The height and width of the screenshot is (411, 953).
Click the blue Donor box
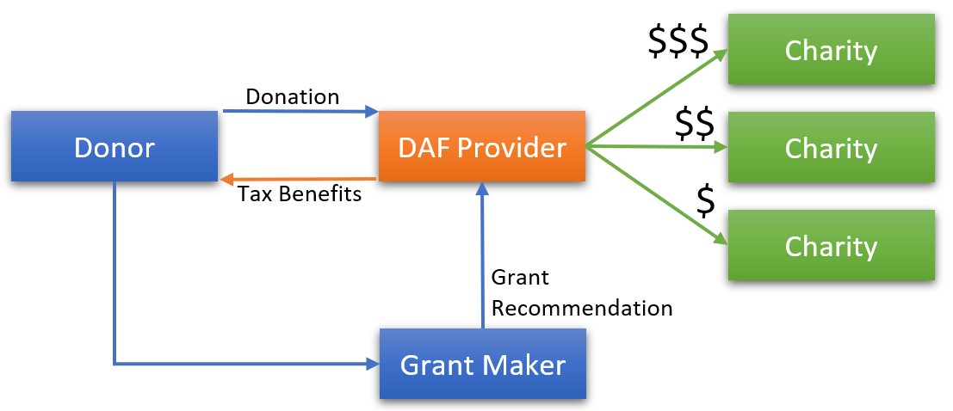coord(114,147)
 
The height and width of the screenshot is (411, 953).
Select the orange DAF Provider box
coord(481,147)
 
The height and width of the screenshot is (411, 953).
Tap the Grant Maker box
coord(482,365)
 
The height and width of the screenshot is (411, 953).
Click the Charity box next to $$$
coord(831,50)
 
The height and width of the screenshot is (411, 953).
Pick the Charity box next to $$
coord(831,148)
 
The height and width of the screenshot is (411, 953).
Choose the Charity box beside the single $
coord(831,246)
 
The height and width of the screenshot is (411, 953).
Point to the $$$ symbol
coord(678,41)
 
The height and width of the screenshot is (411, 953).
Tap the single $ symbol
coord(705,200)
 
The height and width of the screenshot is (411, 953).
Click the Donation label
coord(292,96)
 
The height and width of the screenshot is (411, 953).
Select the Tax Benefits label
coord(300,193)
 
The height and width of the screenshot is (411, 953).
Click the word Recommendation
coord(581,308)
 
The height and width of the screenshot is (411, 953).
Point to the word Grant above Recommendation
coord(519,278)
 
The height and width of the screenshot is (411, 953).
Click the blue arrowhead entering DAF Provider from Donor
coord(372,111)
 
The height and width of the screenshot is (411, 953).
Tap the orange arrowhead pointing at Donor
coord(227,179)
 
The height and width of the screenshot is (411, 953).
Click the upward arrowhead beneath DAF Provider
coord(482,188)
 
